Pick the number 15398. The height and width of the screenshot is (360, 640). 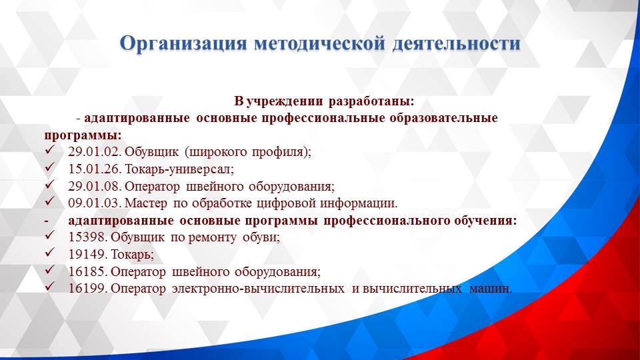coord(88,237)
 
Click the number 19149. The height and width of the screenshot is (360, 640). coord(88,255)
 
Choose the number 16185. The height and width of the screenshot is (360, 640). coord(88,272)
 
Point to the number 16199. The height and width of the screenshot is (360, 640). coord(88,289)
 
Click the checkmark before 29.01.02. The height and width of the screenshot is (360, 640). coord(49,151)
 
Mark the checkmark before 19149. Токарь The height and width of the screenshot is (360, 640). coord(49,254)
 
